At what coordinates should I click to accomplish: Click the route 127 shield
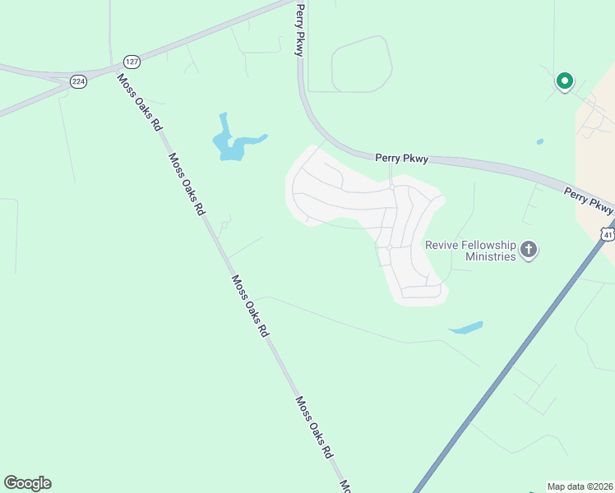click(x=132, y=62)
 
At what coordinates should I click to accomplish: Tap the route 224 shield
click(x=78, y=81)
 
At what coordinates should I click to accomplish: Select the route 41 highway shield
click(x=607, y=234)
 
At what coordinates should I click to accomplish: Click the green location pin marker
click(x=564, y=81)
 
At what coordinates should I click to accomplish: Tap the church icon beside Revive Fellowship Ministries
click(x=529, y=250)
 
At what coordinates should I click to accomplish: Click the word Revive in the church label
click(x=443, y=245)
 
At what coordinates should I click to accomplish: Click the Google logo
click(x=27, y=483)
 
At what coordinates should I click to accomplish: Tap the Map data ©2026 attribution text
click(x=580, y=486)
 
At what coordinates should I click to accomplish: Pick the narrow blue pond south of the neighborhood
click(x=465, y=328)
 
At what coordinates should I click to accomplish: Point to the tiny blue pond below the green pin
click(x=539, y=141)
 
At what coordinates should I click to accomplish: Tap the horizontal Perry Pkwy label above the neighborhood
click(x=401, y=159)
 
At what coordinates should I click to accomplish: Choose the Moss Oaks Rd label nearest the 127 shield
click(x=137, y=103)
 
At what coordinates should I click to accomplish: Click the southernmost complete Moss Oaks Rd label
click(x=314, y=427)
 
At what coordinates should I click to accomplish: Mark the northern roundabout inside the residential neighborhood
click(x=393, y=187)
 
